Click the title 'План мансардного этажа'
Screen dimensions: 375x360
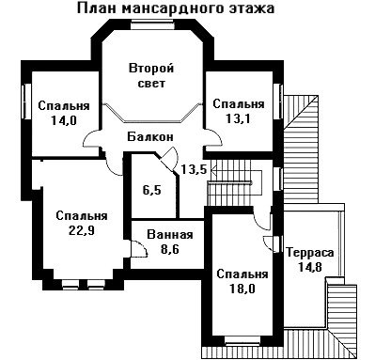pyautogui.click(x=176, y=8)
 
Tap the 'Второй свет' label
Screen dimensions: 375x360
pyautogui.click(x=151, y=76)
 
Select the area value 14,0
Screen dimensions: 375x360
pyautogui.click(x=64, y=120)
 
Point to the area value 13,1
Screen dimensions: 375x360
pyautogui.click(x=238, y=118)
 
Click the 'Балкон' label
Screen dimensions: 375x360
pyautogui.click(x=150, y=136)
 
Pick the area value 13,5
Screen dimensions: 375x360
pyautogui.click(x=195, y=169)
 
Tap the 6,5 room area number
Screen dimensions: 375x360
pyautogui.click(x=152, y=190)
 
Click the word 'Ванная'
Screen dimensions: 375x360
pyautogui.click(x=170, y=235)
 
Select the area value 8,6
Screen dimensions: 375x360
pyautogui.click(x=170, y=249)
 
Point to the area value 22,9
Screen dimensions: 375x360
pyautogui.click(x=82, y=230)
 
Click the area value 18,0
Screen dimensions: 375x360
pyautogui.click(x=242, y=289)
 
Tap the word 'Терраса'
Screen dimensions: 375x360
pyautogui.click(x=310, y=253)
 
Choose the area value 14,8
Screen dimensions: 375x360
pyautogui.click(x=310, y=267)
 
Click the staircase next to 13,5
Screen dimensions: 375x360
pyautogui.click(x=234, y=182)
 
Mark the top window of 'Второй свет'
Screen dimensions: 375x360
pyautogui.click(x=149, y=25)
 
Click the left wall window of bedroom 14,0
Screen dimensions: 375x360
pyautogui.click(x=27, y=102)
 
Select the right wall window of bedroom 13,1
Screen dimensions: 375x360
pyautogui.click(x=277, y=102)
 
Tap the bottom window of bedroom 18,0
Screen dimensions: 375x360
pyautogui.click(x=242, y=340)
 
